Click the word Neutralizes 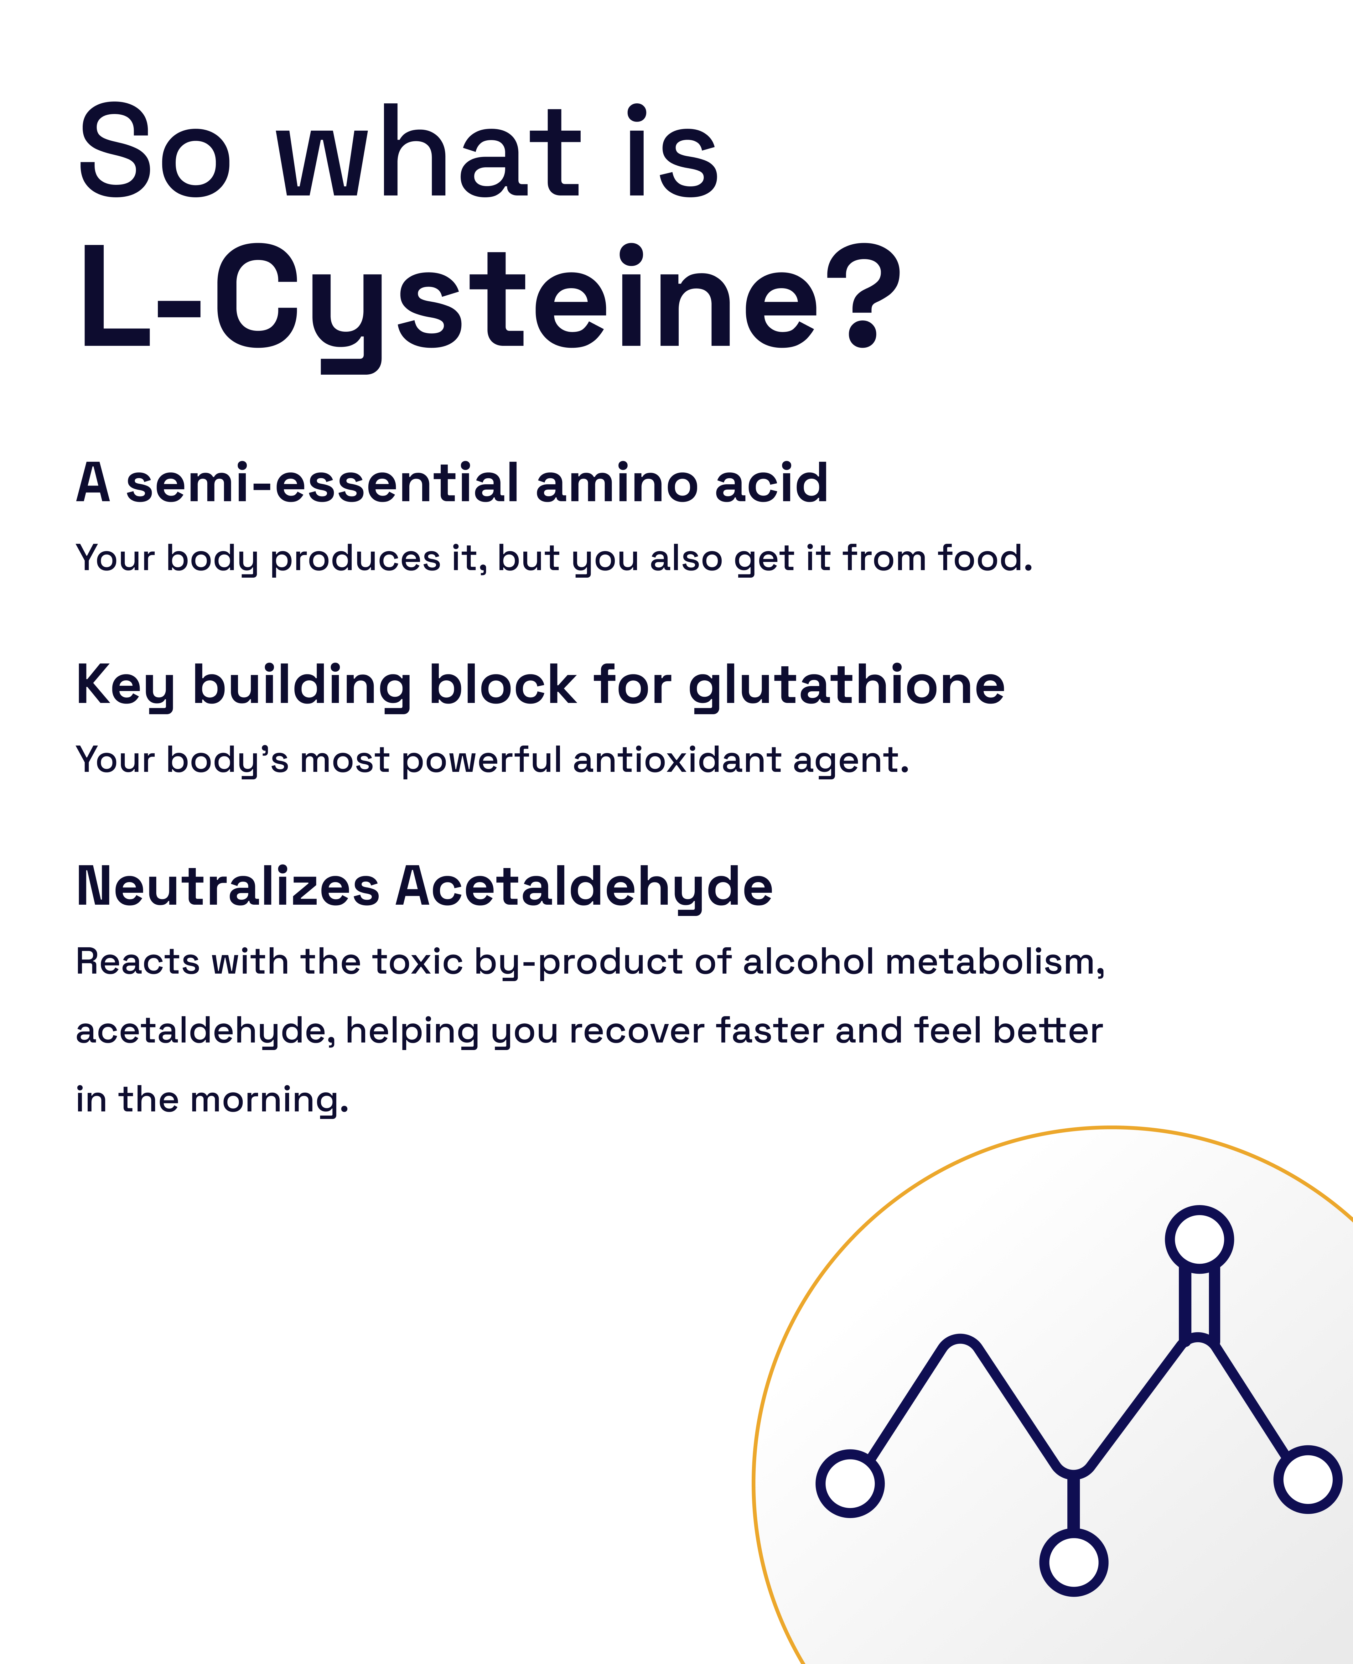(x=228, y=887)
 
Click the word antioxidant (x=676, y=760)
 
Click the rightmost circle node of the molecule (x=1308, y=1479)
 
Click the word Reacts (x=138, y=962)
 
